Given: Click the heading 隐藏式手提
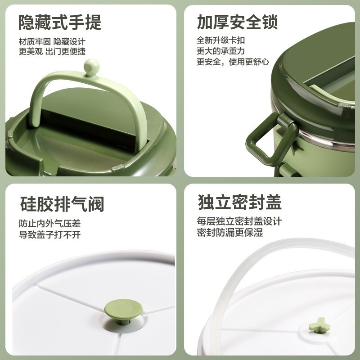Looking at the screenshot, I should click(60, 22).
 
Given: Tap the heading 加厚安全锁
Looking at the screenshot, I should click(237, 22).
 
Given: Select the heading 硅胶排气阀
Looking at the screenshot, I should click(62, 204).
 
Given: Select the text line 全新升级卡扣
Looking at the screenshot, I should click(220, 40).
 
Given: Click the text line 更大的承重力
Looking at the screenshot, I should click(220, 51).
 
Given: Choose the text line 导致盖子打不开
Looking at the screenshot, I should click(49, 234).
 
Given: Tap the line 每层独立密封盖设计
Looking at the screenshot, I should click(239, 221).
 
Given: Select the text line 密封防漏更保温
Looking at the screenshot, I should click(229, 233).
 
